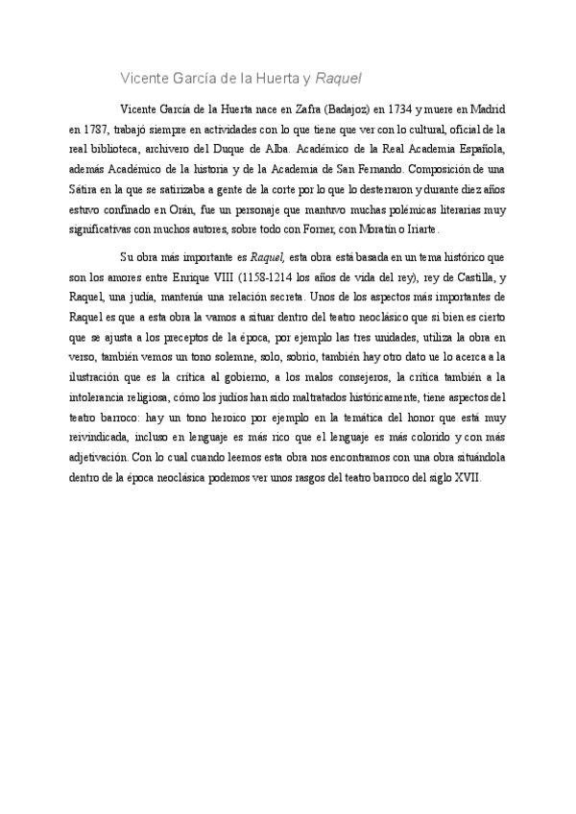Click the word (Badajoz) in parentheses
[350, 108]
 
